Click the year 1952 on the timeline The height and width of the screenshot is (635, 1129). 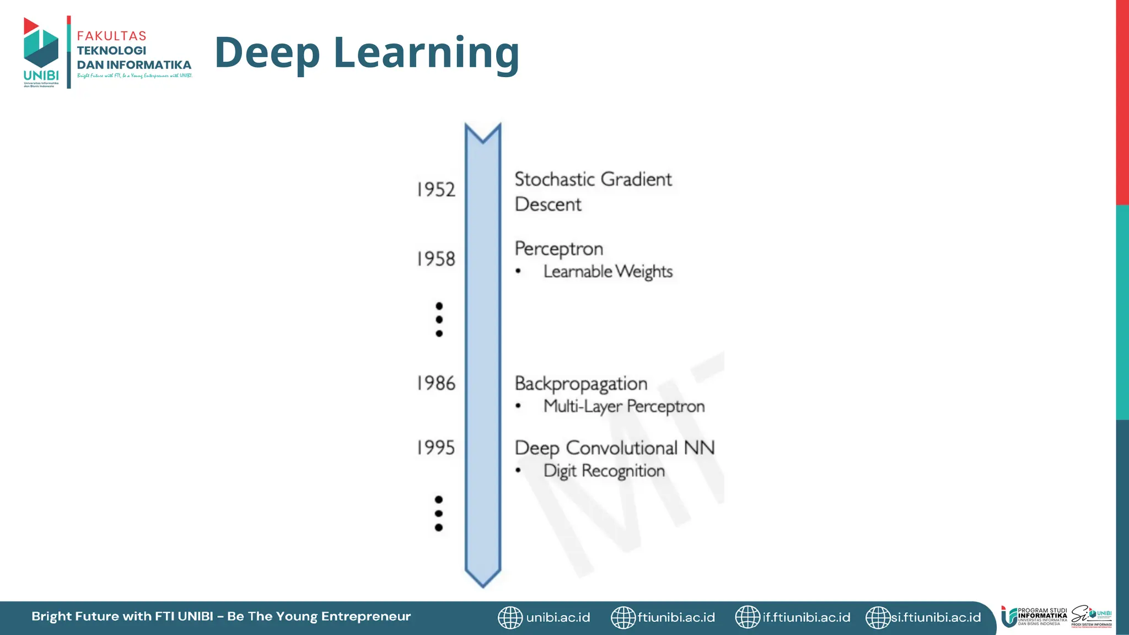tap(436, 190)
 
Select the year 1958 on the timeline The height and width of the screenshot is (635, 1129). tap(436, 259)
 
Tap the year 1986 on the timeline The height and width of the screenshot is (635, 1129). tap(436, 383)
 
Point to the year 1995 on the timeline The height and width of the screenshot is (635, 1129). tap(436, 448)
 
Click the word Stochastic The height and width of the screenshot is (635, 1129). tap(555, 179)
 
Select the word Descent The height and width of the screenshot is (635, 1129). tap(548, 205)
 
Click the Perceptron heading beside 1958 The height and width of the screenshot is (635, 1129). tap(558, 249)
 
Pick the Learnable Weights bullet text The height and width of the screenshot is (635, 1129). tap(607, 271)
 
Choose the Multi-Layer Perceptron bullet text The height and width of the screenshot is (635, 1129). tap(624, 407)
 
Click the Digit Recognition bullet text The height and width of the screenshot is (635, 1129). tap(604, 471)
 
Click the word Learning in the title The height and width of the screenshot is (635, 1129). tap(426, 52)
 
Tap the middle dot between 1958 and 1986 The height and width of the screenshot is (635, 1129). tap(439, 320)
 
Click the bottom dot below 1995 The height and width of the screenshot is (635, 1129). tap(439, 528)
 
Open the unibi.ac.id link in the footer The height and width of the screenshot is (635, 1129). tap(558, 617)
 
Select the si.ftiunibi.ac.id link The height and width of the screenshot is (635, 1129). tap(936, 617)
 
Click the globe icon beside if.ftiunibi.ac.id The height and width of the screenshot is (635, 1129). tap(748, 617)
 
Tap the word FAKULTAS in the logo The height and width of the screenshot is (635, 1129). tap(112, 36)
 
